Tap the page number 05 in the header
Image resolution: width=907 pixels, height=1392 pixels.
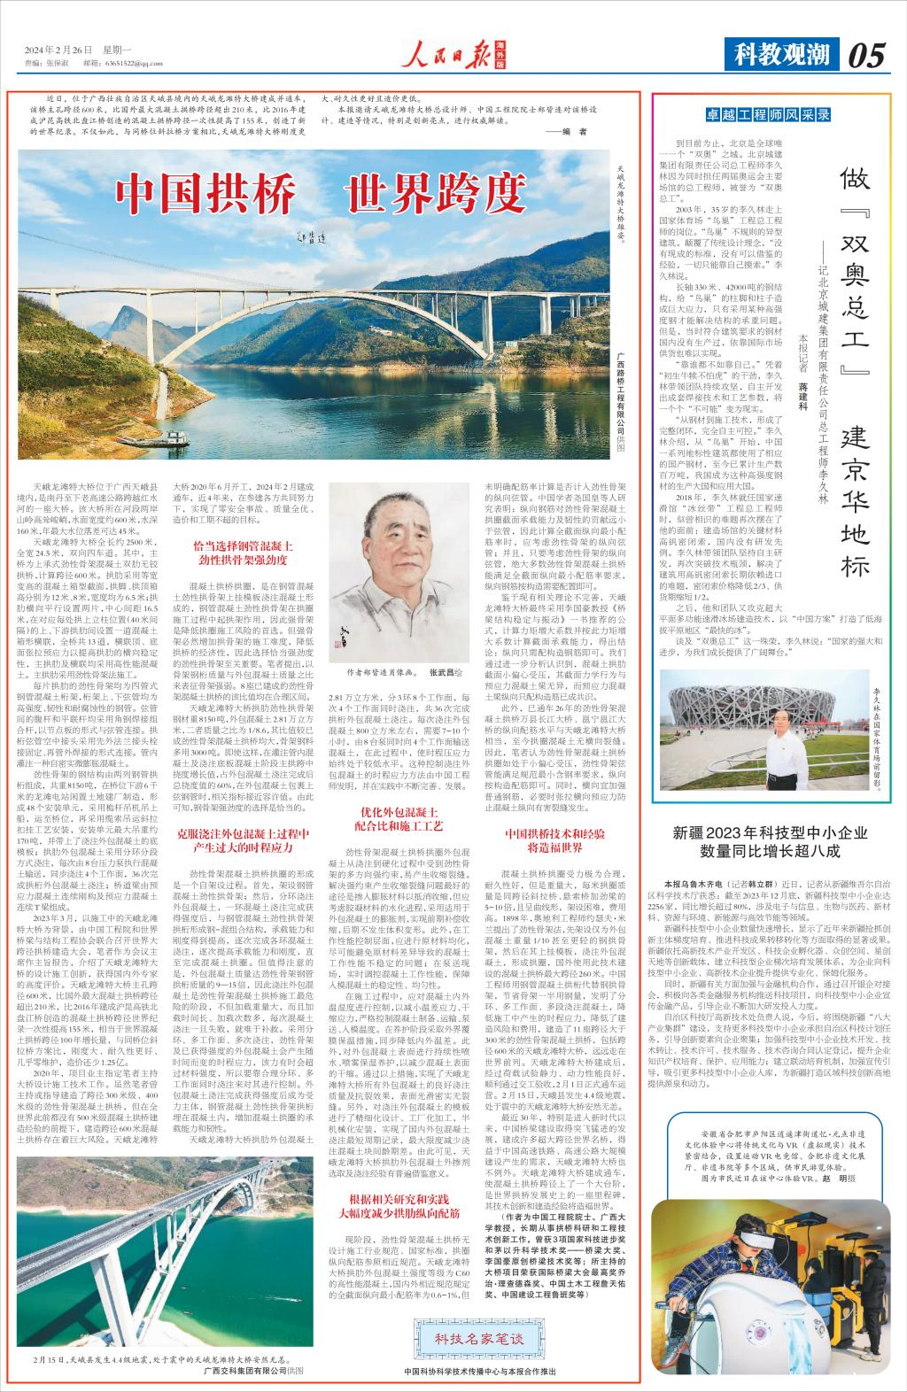(865, 56)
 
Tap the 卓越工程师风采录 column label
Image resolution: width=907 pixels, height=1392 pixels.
(767, 114)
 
